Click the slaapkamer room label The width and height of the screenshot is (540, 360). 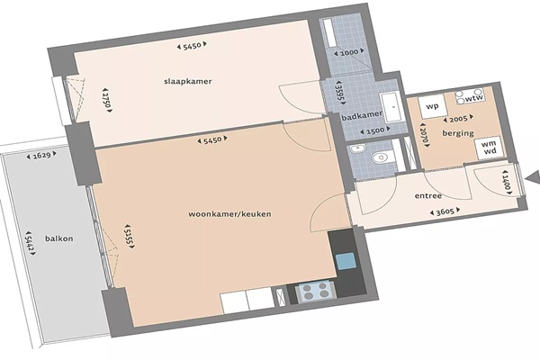click(188, 82)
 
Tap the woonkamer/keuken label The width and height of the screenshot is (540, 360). click(229, 214)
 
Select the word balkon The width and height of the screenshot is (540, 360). click(59, 238)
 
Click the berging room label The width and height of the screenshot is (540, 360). click(458, 133)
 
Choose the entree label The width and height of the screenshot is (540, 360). click(428, 195)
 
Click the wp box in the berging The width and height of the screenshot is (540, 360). click(432, 106)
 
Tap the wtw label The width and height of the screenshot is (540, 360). click(474, 99)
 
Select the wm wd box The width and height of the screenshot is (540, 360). click(489, 148)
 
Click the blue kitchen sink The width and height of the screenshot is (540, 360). click(346, 261)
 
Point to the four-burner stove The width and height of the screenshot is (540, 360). click(316, 290)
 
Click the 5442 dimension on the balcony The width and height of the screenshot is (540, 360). click(31, 243)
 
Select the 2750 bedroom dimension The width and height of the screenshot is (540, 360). click(107, 100)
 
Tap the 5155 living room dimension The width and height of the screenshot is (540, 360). click(130, 236)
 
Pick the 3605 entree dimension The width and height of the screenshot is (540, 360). click(445, 211)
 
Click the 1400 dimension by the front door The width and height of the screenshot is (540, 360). click(506, 183)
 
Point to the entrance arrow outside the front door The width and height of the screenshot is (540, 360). click(533, 178)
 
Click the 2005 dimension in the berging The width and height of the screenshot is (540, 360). click(458, 119)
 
